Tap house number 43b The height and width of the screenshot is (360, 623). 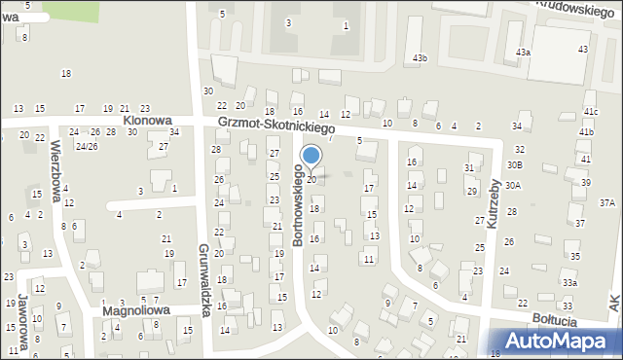(419, 58)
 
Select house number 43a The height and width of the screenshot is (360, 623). (524, 52)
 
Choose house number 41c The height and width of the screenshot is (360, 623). (591, 112)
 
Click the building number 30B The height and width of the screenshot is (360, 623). (514, 165)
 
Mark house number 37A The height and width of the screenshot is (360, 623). (607, 202)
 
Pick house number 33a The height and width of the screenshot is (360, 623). (569, 282)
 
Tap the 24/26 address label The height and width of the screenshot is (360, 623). (87, 146)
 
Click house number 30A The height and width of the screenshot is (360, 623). (513, 185)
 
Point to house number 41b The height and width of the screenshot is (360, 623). (586, 131)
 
